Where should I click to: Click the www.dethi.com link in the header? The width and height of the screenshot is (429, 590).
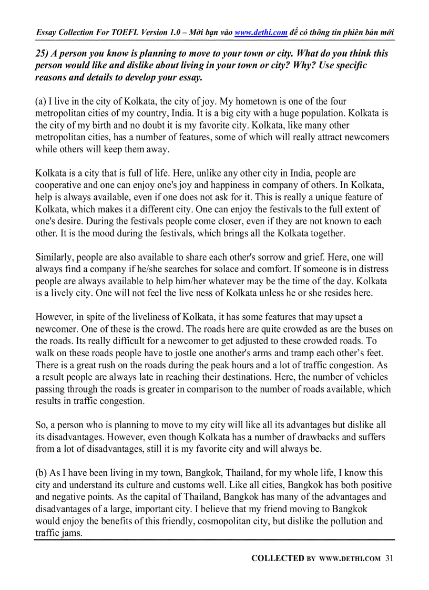click(x=261, y=33)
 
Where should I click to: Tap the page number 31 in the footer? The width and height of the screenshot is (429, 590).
click(x=389, y=558)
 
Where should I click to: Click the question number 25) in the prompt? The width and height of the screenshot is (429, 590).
click(x=42, y=54)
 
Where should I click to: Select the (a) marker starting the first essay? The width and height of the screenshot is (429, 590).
click(x=40, y=101)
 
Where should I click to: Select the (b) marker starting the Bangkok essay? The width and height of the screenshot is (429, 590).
click(x=41, y=473)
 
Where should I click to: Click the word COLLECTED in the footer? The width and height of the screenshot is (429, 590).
click(x=278, y=558)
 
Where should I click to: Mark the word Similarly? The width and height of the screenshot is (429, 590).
click(x=54, y=257)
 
